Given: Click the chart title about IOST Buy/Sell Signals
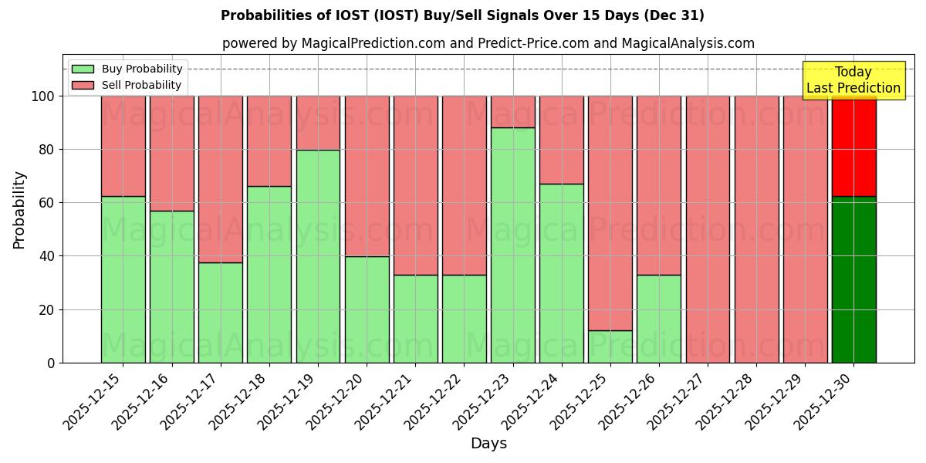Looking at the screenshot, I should point(462,15).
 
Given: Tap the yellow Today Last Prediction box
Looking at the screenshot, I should point(853,80).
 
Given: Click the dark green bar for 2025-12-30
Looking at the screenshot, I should point(853,279).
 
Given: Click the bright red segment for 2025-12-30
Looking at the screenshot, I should point(853,146).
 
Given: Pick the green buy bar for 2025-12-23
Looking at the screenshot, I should point(512,245).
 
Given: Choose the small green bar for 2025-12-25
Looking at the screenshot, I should point(610,346).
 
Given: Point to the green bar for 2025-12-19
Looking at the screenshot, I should point(318,256).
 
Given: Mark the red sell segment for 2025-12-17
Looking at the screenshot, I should point(221,179).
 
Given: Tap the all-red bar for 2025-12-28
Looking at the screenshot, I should point(756,229).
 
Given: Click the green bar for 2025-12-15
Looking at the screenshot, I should point(123,279).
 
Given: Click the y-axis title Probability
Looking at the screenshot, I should point(19,210).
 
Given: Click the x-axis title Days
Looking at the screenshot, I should point(488,444).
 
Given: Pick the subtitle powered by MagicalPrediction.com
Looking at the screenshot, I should point(488,43).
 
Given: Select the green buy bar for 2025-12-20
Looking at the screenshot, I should point(367,309).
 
